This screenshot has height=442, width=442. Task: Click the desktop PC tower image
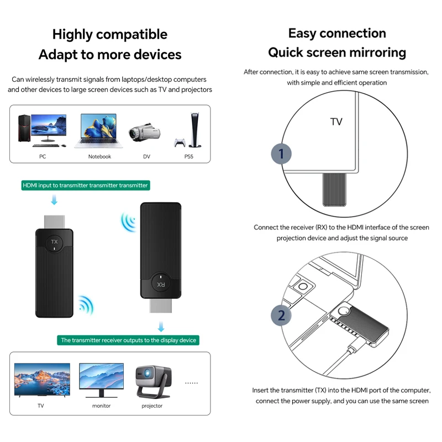click(x=24, y=128)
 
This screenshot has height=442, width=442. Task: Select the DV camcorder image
click(x=145, y=133)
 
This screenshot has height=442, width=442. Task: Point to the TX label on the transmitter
click(x=54, y=242)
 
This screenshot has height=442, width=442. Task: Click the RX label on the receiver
click(x=161, y=284)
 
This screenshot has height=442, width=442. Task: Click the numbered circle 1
click(x=281, y=154)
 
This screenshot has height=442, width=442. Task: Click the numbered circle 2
click(x=281, y=315)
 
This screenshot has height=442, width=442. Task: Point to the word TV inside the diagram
click(x=336, y=122)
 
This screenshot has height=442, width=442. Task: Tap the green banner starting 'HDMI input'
click(x=85, y=185)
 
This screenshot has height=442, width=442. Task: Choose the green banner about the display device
click(x=128, y=340)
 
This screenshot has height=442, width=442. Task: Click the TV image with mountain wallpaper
click(x=42, y=380)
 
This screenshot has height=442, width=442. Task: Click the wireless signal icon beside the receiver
click(x=128, y=222)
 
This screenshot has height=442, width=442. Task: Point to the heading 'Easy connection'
click(x=337, y=33)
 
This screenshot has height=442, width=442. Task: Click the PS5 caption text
click(x=188, y=156)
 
